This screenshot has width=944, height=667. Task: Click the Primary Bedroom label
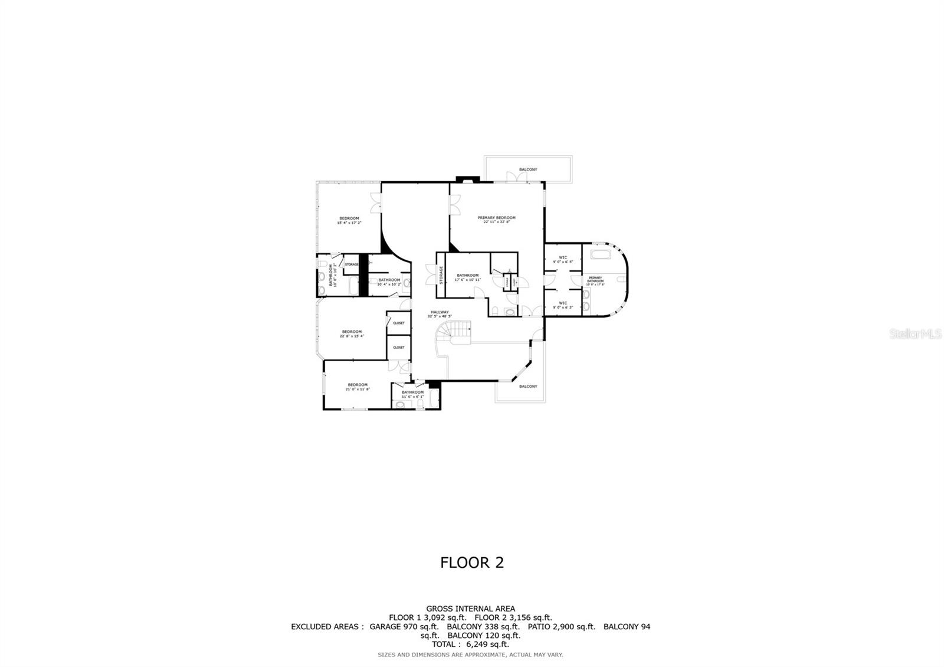click(496, 218)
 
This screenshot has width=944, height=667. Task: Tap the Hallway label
click(440, 312)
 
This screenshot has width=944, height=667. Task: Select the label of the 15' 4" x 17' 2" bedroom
click(348, 219)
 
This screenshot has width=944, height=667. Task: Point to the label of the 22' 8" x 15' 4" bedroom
click(352, 332)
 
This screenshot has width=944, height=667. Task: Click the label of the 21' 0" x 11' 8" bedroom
click(358, 385)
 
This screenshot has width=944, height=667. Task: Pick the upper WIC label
click(563, 258)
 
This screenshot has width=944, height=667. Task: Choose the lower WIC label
click(563, 303)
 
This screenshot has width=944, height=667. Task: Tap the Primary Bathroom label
click(595, 279)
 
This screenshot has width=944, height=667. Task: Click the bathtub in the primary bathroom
click(601, 256)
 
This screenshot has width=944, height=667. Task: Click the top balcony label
click(528, 169)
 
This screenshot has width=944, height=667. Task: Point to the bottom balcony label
click(528, 387)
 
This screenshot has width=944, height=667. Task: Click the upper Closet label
click(399, 323)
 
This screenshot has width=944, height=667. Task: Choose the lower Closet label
click(399, 348)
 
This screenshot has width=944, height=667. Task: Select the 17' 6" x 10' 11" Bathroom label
click(467, 276)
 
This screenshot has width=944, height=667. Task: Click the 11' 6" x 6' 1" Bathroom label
click(412, 393)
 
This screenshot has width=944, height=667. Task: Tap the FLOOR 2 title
click(472, 563)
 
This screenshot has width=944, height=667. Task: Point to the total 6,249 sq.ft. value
click(487, 645)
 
